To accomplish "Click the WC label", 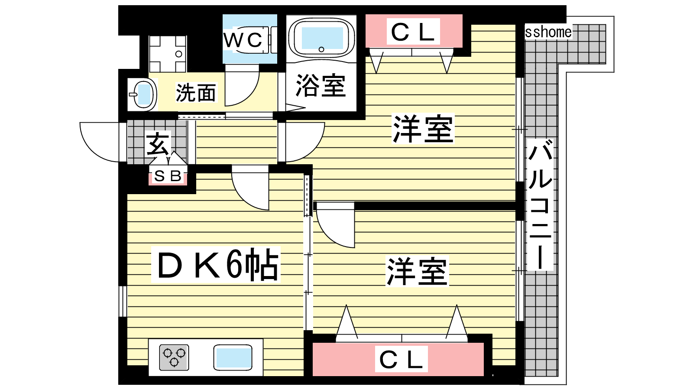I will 243,40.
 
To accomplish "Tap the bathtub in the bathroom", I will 322,38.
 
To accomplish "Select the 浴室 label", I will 321,85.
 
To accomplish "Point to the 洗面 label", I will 196,93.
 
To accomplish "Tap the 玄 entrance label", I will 158,144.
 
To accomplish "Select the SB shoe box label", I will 168,176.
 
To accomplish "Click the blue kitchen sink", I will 233,357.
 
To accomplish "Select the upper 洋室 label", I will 422,129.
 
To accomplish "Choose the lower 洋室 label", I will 417,272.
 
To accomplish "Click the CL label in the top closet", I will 413,32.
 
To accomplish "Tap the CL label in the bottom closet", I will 401,359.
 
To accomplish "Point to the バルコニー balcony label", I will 540,204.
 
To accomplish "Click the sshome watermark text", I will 548,32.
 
